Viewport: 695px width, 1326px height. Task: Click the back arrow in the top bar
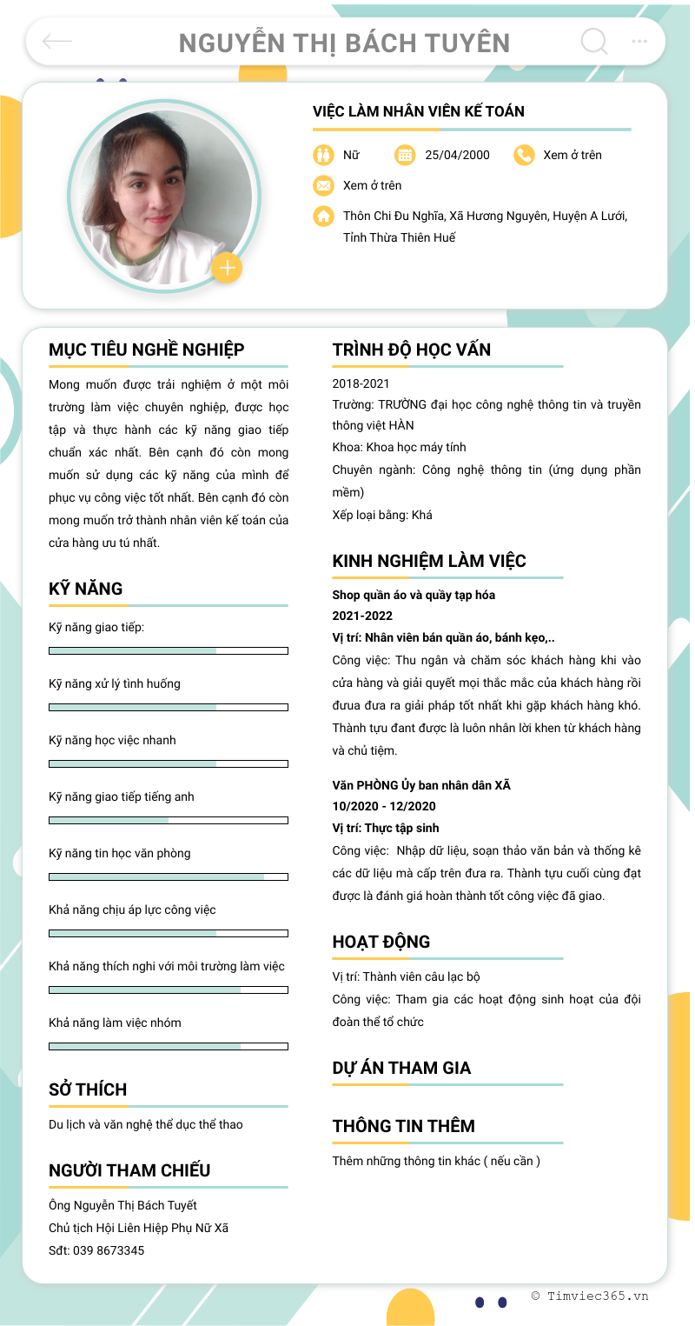57,41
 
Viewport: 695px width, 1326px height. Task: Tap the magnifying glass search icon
593,41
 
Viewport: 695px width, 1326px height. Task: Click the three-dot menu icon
639,41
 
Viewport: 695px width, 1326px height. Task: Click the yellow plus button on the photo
227,268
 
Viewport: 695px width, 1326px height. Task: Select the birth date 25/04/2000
457,155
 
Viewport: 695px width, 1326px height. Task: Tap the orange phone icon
524,155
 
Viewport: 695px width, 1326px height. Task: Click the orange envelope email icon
323,185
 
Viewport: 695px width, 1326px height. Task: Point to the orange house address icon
323,216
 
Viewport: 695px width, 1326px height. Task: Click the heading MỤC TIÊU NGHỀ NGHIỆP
147,350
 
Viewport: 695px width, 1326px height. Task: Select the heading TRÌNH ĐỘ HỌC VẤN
412,350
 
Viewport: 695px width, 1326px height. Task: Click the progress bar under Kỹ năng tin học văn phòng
169,876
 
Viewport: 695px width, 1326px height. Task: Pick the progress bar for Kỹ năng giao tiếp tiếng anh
169,820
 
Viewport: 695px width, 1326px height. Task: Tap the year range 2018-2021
361,383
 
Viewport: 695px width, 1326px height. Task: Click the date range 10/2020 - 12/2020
384,806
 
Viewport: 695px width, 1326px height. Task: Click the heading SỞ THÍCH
88,1089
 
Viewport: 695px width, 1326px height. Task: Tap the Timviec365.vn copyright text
590,1296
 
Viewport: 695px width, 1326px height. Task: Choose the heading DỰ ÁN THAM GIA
401,1068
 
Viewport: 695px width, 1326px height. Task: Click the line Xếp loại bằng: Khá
382,515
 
